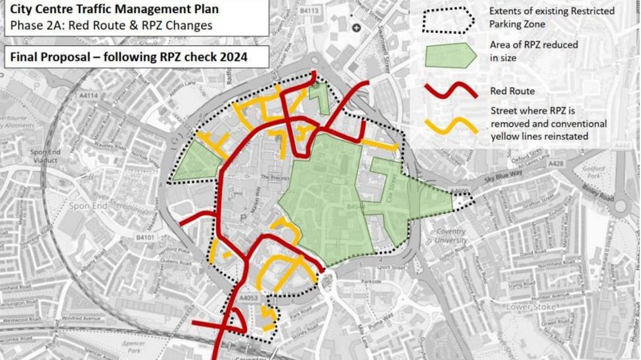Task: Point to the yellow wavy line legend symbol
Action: pos(451,125)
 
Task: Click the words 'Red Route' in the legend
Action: pos(512,91)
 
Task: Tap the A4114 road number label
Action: pos(88,96)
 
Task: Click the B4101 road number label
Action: pos(145,236)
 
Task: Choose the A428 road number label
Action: pos(556,164)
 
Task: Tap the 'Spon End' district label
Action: pos(88,206)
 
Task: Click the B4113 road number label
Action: pos(309,11)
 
